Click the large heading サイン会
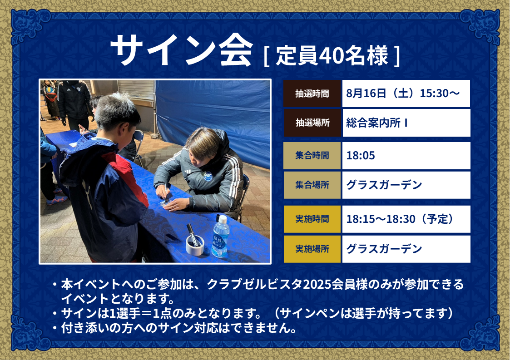coord(182,50)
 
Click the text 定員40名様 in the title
coord(332,55)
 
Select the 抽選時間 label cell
coord(312,94)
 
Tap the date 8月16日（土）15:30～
coord(403,94)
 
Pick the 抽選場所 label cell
coord(312,123)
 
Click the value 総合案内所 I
coord(376,123)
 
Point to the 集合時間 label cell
coord(312,155)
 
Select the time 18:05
coord(361,156)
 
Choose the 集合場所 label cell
coord(312,185)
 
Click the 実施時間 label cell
coord(312,219)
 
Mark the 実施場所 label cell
coord(312,249)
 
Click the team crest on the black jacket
coord(208,177)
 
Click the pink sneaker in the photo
coord(57,200)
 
